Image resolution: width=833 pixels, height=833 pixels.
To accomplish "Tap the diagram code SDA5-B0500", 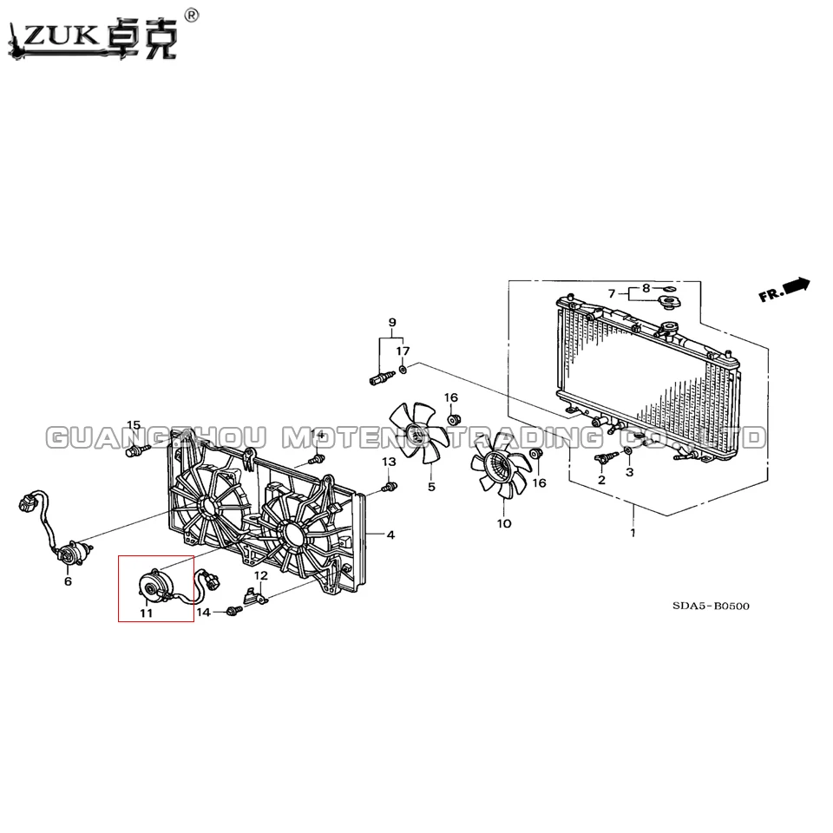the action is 711,607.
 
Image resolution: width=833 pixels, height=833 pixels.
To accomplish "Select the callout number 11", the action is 146,613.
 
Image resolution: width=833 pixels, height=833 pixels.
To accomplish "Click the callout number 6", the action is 68,581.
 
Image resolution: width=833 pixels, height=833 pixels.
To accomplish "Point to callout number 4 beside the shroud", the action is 390,535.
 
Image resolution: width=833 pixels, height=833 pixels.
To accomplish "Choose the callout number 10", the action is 504,524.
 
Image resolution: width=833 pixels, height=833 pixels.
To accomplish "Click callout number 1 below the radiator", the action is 633,532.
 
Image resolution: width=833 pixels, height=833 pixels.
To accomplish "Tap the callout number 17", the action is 403,351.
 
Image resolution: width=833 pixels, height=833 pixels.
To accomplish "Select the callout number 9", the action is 392,323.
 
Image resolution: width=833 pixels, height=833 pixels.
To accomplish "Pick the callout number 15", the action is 134,425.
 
